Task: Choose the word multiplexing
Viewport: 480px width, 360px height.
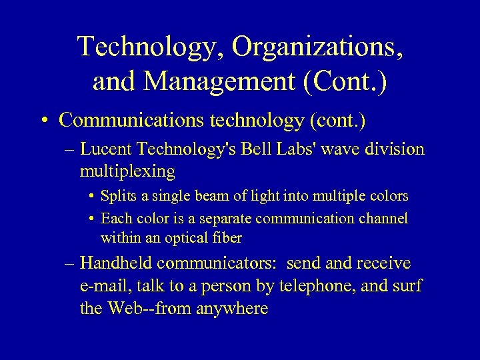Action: (127, 171)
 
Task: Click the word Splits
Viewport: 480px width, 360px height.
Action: (117, 197)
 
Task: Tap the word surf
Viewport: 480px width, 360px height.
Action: (406, 287)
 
